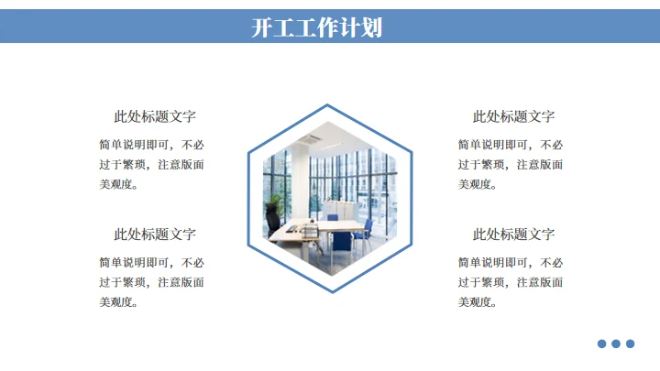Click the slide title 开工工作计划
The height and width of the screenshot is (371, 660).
(317, 27)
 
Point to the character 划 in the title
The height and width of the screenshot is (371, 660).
(371, 27)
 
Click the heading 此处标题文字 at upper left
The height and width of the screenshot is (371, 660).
(155, 116)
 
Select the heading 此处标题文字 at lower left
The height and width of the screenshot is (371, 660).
(155, 235)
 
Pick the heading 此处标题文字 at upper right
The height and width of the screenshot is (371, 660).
(513, 116)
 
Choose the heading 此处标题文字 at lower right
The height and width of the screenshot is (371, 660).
(513, 235)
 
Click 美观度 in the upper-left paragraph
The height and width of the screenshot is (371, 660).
(116, 184)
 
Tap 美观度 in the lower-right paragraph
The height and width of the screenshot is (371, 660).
(476, 302)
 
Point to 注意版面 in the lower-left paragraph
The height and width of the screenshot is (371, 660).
(181, 282)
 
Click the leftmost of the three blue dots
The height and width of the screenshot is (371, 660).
(602, 344)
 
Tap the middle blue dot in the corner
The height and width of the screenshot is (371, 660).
(616, 344)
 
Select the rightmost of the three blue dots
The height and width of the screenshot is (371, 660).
(630, 344)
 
